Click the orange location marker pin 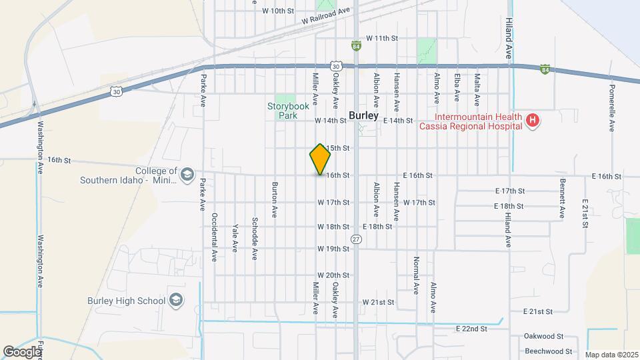pos(320,159)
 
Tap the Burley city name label pos(363,115)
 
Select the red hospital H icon pos(532,121)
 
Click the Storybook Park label pos(286,110)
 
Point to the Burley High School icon pos(176,300)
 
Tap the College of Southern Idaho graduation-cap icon pos(187,175)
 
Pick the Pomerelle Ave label pos(611,108)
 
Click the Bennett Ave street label pos(563,199)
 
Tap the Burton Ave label pos(273,199)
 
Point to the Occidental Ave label pos(214,237)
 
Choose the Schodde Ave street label pos(254,238)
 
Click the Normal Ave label pos(415,275)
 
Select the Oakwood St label pos(544,337)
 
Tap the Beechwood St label pos(548,351)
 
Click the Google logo pos(21,351)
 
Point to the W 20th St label pos(333,275)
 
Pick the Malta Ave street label pos(477,91)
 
